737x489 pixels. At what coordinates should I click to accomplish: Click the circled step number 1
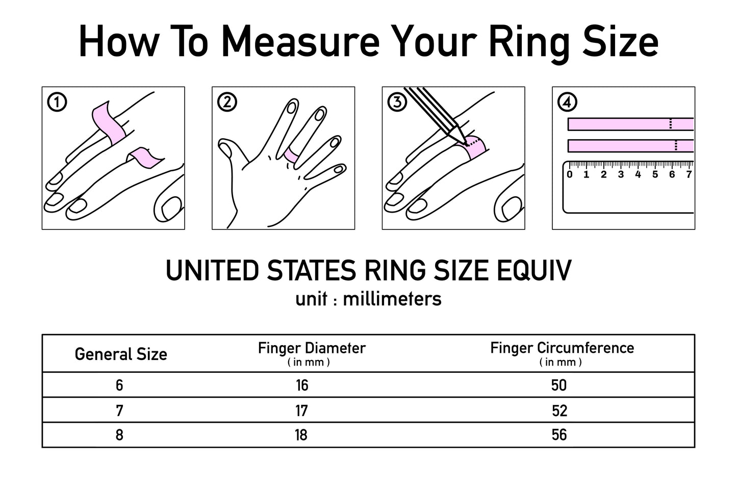point(57,102)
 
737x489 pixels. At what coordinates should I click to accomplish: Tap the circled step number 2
point(227,102)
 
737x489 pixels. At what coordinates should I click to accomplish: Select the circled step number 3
point(397,102)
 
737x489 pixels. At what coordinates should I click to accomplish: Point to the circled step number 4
point(567,102)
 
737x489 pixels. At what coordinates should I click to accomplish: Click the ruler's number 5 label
point(655,174)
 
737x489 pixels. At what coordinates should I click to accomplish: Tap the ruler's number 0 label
point(570,174)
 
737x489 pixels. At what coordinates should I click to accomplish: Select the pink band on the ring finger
point(292,155)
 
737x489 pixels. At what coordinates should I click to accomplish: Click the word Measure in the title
point(301,42)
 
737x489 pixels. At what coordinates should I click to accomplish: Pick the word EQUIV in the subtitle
point(534,270)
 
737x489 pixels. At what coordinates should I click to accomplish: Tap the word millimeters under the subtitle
point(392,299)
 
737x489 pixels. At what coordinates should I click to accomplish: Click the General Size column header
point(121,354)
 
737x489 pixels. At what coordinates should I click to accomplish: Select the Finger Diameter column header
point(312,353)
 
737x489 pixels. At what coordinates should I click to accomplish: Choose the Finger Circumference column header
point(562,353)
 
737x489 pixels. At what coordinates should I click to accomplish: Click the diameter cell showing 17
point(302,411)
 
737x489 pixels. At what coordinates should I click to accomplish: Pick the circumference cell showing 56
point(560,435)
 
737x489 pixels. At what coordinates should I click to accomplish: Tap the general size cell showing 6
point(119,385)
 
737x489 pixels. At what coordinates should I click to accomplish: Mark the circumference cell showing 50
point(559,385)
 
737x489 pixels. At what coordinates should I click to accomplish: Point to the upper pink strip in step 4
point(631,124)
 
